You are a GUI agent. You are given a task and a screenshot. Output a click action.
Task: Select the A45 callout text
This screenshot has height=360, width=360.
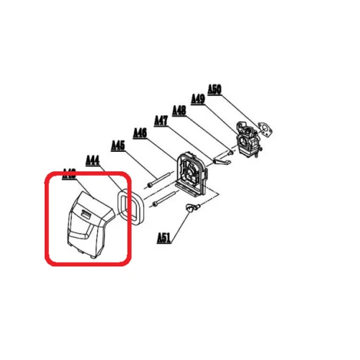pyautogui.click(x=117, y=145)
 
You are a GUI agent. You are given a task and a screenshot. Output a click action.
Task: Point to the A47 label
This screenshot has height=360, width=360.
pyautogui.click(x=161, y=120)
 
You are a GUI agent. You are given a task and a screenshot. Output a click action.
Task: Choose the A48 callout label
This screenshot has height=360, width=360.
pyautogui.click(x=179, y=109)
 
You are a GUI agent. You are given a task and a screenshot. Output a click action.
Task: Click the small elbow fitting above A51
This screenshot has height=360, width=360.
pyautogui.click(x=190, y=208)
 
